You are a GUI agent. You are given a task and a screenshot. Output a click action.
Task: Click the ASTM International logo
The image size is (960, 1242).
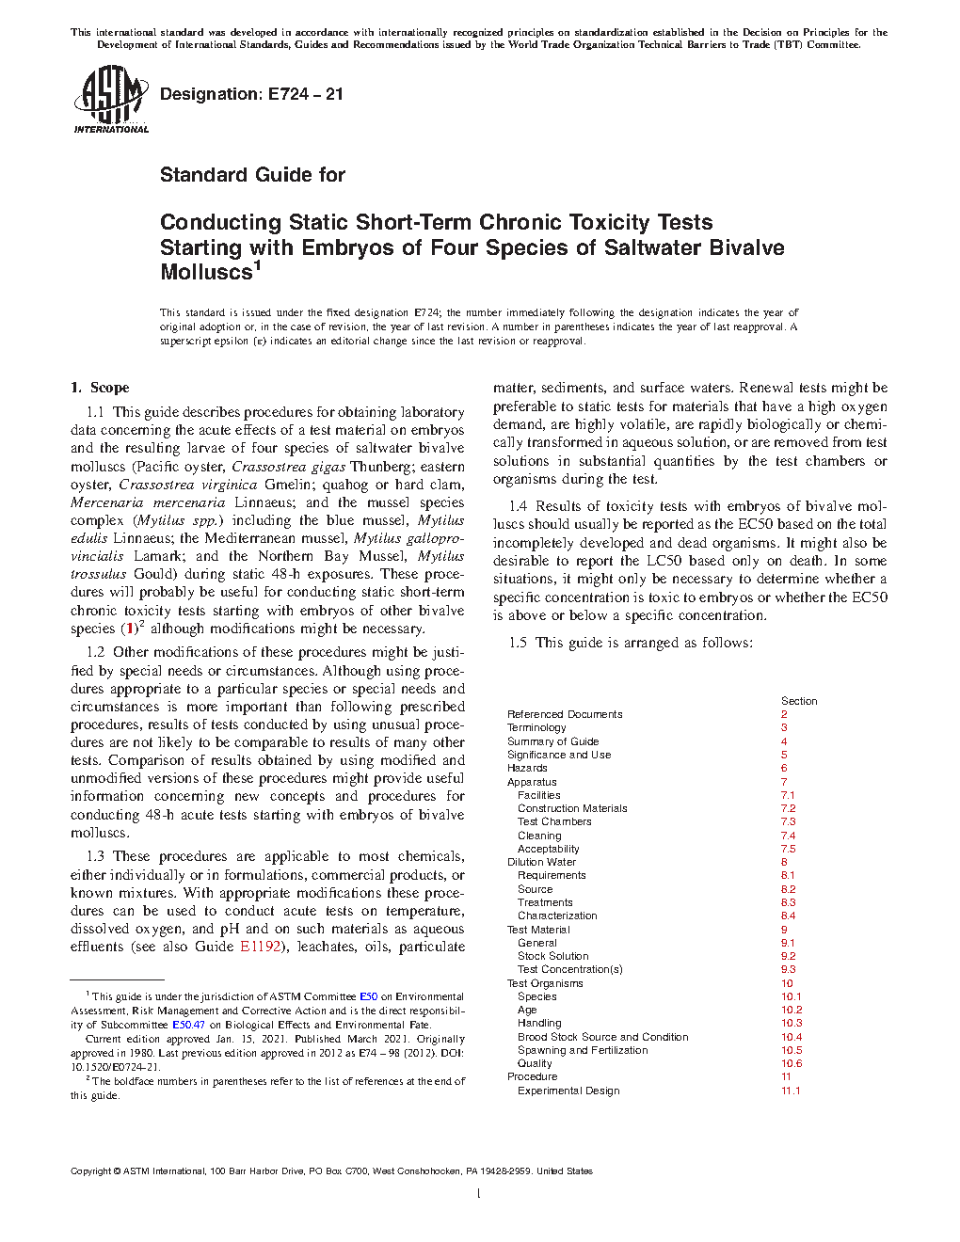[111, 99]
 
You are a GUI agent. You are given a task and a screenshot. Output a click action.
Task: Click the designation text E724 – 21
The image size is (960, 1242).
[251, 94]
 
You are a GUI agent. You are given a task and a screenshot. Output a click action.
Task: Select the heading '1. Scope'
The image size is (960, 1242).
[100, 388]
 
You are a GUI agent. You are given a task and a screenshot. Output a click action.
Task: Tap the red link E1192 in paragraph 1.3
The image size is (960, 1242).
[261, 947]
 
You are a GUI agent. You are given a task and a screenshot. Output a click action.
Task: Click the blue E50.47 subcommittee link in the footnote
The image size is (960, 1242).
[188, 1025]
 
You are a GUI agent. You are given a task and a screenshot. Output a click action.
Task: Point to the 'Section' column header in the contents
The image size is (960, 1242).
[799, 701]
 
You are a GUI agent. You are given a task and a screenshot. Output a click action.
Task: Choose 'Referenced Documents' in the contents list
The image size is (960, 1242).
[565, 714]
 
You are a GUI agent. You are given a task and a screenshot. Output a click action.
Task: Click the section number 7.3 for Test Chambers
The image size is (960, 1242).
[788, 821]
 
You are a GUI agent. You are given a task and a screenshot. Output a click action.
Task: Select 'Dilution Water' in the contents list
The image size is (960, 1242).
[541, 862]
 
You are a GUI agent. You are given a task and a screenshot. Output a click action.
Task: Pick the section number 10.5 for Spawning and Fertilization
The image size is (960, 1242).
[792, 1050]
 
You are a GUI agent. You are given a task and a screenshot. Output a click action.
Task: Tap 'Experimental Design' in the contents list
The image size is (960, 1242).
[568, 1091]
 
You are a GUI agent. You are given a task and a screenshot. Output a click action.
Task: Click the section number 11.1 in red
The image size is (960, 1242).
[791, 1091]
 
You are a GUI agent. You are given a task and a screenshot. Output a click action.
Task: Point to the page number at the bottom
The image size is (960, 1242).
[479, 1194]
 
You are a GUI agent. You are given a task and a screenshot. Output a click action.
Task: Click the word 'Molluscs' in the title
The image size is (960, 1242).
[206, 273]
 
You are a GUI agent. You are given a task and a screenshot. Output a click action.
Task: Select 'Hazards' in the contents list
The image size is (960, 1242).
[527, 768]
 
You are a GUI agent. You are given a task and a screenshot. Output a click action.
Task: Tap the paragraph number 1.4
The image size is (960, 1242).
[519, 506]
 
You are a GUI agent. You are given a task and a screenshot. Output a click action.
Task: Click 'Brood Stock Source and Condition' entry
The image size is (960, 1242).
[602, 1037]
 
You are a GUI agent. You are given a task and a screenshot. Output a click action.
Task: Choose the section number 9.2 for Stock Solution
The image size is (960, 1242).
[788, 956]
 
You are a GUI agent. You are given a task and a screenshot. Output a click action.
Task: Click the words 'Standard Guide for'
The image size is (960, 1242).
[252, 175]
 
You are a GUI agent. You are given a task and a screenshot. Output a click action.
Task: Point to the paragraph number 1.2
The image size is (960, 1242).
[96, 652]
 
